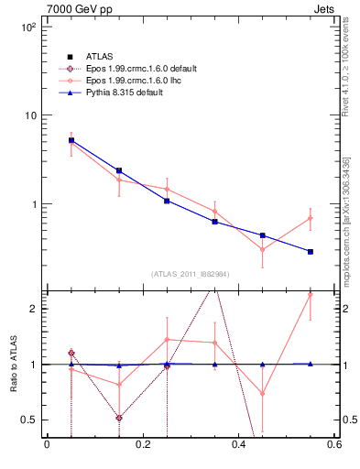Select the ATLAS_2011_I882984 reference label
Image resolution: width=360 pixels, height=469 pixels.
click(x=191, y=274)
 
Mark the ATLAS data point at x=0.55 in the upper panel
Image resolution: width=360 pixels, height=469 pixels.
click(x=311, y=251)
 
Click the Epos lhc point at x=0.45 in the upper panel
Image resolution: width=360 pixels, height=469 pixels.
click(x=263, y=249)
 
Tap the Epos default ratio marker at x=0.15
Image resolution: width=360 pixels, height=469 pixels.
click(x=119, y=418)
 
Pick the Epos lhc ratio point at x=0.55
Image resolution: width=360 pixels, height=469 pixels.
click(x=311, y=295)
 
